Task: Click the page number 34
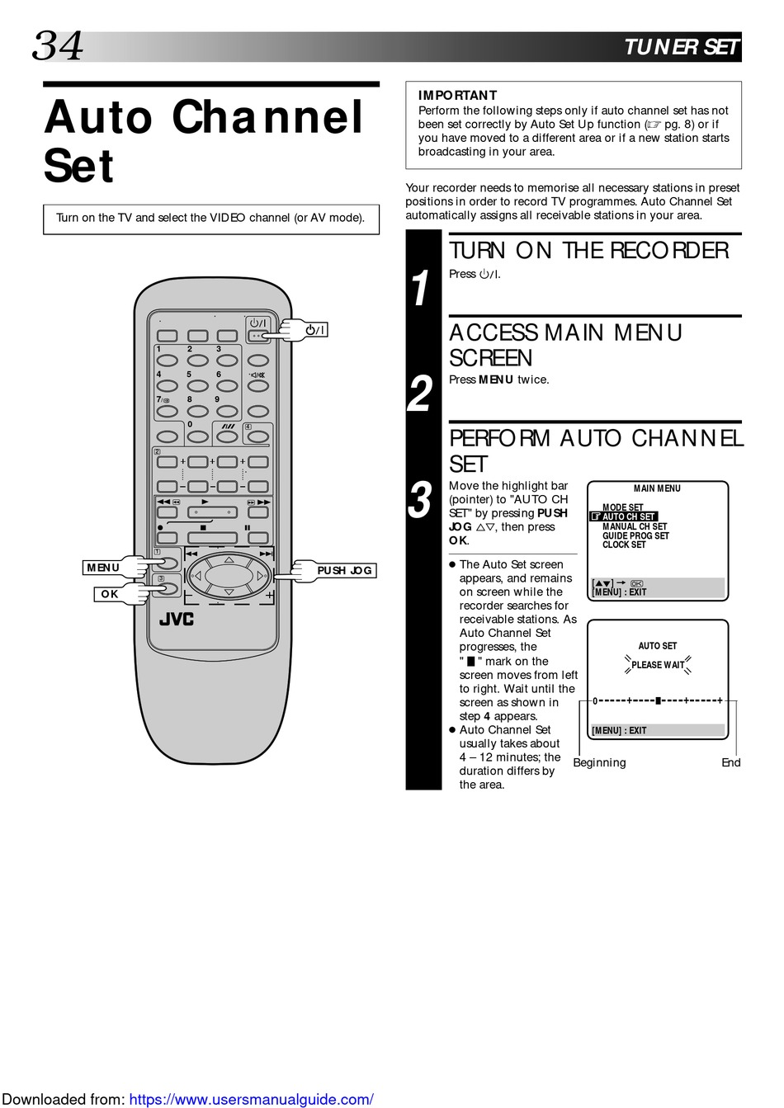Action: coord(58,46)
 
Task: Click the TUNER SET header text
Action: coord(681,47)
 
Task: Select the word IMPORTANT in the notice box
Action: coord(457,96)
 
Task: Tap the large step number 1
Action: coord(421,289)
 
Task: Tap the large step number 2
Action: coord(420,394)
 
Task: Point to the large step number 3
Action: coord(420,501)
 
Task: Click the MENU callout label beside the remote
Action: coord(103,568)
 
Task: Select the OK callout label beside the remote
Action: coord(110,594)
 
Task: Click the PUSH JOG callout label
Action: coord(344,570)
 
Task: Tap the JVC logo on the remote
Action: coord(176,619)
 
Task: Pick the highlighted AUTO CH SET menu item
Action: coord(628,516)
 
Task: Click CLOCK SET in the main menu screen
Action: coord(624,545)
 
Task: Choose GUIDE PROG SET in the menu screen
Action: coord(635,535)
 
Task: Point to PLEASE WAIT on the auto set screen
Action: coord(658,665)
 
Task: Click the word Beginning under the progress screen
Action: coord(599,762)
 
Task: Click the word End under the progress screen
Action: coord(730,762)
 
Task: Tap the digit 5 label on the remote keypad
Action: coord(189,375)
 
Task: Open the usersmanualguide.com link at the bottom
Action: coord(251,1099)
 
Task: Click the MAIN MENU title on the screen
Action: coord(657,488)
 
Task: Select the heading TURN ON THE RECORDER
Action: coord(588,251)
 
